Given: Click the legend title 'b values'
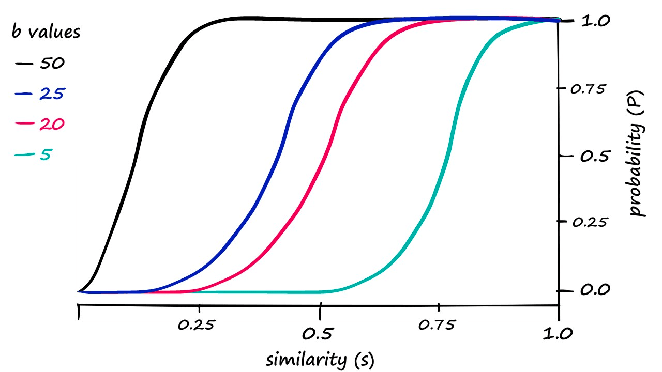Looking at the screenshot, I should click(46, 32).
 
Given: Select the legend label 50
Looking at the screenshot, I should click(52, 64).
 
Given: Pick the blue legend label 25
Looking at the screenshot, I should click(52, 94).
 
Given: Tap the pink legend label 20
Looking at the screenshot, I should click(52, 124).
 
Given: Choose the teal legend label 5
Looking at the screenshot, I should click(46, 154).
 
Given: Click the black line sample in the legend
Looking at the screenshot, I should click(24, 64).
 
